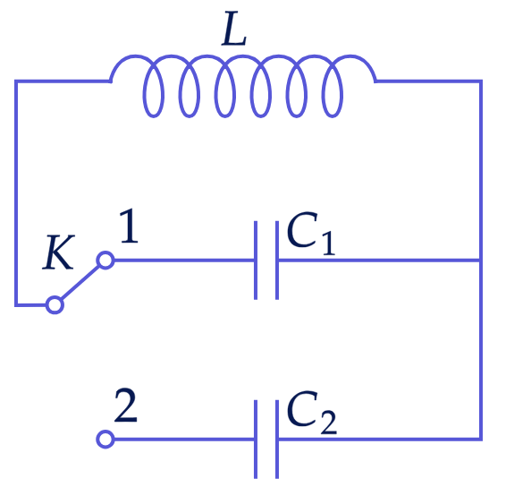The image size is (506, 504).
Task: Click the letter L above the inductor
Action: pyautogui.click(x=234, y=29)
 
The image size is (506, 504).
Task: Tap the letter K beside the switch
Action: pyautogui.click(x=58, y=252)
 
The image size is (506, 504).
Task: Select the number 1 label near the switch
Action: pyautogui.click(x=130, y=226)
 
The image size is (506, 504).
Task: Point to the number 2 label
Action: pyautogui.click(x=126, y=406)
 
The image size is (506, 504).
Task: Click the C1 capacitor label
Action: pyautogui.click(x=311, y=234)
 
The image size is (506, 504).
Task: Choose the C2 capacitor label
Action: pyautogui.click(x=312, y=412)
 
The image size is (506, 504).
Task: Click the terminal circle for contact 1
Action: pyautogui.click(x=105, y=261)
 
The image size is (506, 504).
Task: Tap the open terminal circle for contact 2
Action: pyautogui.click(x=105, y=440)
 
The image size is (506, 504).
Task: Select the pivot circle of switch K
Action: pyautogui.click(x=55, y=304)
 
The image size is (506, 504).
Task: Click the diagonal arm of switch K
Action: pyautogui.click(x=80, y=282)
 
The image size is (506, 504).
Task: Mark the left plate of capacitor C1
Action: pyautogui.click(x=256, y=261)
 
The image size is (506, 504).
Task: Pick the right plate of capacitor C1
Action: pyautogui.click(x=277, y=261)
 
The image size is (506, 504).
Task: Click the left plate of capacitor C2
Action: pyautogui.click(x=256, y=440)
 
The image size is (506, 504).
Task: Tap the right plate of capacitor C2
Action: pyautogui.click(x=277, y=440)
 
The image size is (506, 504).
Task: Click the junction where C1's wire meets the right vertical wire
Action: pyautogui.click(x=481, y=261)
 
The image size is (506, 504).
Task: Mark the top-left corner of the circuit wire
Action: pyautogui.click(x=16, y=81)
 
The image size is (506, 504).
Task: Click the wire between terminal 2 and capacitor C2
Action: pyautogui.click(x=184, y=440)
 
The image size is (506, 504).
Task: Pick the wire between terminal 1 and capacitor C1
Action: pyautogui.click(x=184, y=261)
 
